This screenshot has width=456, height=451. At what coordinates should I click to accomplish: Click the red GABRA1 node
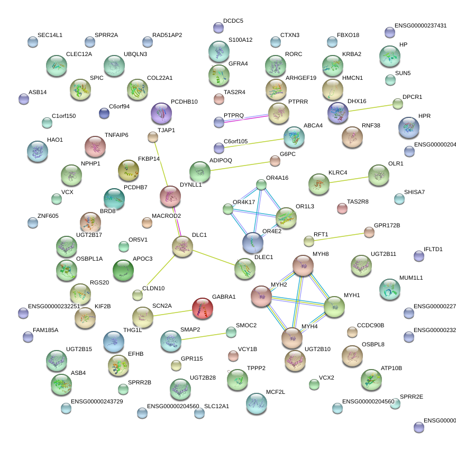(x=202, y=308)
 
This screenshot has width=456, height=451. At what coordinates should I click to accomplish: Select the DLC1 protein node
(x=183, y=247)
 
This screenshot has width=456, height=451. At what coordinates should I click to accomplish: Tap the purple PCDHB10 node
(x=161, y=113)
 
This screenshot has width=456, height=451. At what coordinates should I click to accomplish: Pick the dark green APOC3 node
(x=123, y=270)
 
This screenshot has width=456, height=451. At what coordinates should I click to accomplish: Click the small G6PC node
(x=275, y=160)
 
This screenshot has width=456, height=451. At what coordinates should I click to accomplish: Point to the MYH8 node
(x=303, y=265)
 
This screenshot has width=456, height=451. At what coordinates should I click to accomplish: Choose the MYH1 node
(x=334, y=307)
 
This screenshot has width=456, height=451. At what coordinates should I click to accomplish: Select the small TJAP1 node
(x=152, y=137)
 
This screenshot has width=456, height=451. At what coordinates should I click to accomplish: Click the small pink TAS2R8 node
(x=342, y=208)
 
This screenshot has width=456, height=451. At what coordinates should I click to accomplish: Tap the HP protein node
(x=389, y=56)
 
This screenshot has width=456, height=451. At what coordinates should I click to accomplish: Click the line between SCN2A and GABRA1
(x=172, y=312)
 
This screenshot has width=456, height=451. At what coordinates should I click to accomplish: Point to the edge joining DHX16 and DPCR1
(x=368, y=108)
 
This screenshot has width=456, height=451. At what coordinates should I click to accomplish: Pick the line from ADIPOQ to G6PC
(x=238, y=166)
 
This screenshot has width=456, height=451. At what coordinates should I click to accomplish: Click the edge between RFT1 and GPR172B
(x=339, y=236)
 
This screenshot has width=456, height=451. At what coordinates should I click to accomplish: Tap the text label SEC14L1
(x=50, y=35)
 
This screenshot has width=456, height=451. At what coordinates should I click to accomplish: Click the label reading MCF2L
(x=275, y=392)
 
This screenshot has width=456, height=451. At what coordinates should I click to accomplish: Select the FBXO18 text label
(x=349, y=35)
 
